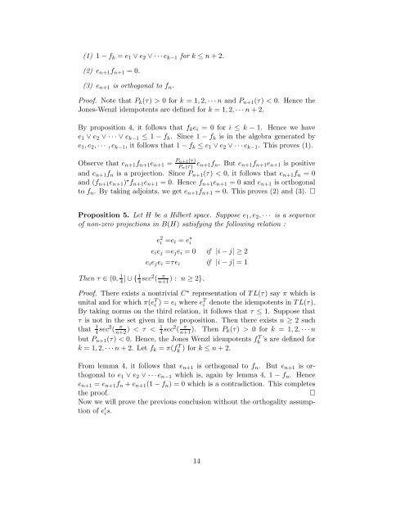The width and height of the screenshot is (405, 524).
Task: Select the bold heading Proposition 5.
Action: [x=88, y=253]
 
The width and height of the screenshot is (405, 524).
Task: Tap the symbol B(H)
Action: [x=160, y=264]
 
